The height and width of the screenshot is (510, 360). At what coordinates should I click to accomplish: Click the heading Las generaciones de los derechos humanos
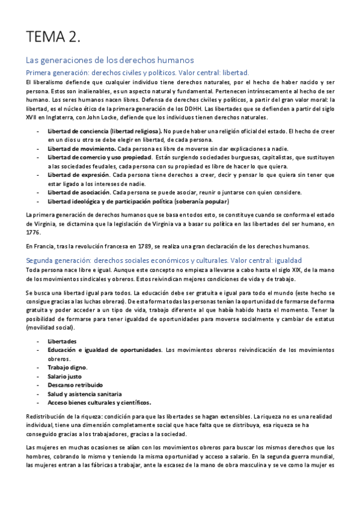click(x=109, y=60)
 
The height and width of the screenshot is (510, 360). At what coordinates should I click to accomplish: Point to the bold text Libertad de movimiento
click(x=82, y=149)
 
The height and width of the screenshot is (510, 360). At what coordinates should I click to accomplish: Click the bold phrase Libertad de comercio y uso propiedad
click(x=99, y=158)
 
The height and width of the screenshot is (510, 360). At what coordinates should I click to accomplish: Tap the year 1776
click(x=34, y=232)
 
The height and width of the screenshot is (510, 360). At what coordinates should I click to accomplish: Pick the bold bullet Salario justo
click(x=65, y=376)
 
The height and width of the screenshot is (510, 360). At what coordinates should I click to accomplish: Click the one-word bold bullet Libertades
click(x=62, y=341)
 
